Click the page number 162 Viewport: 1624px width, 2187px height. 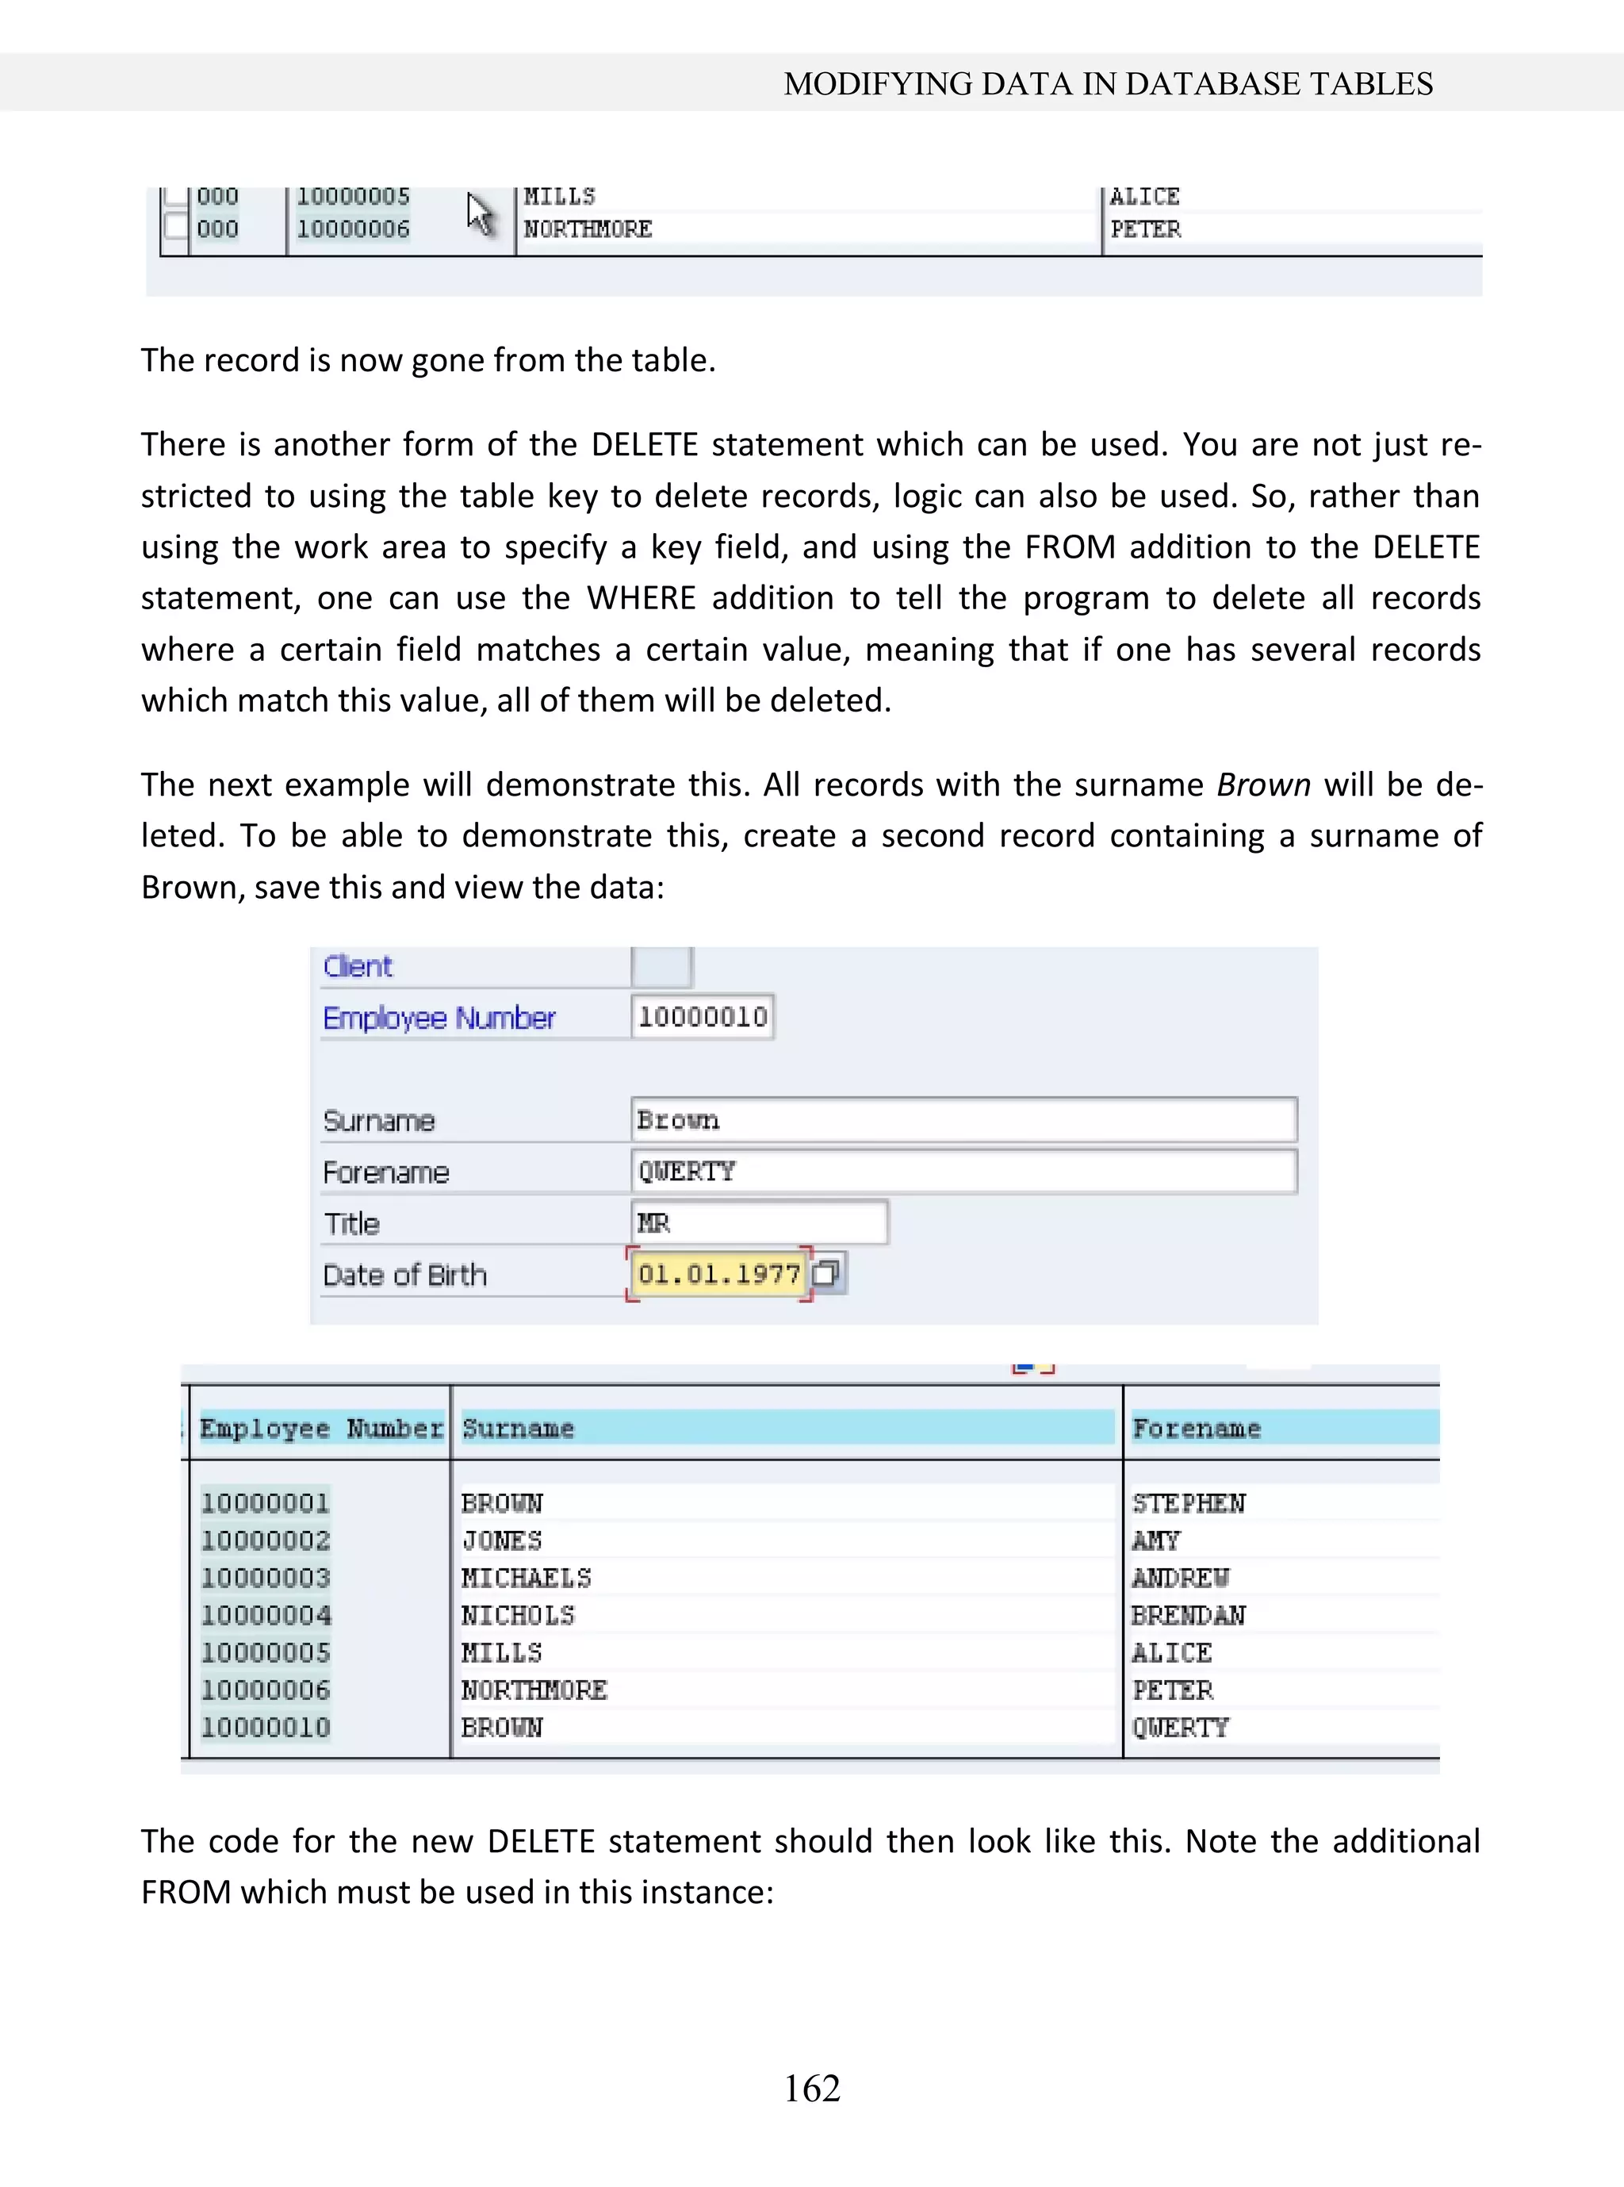(x=812, y=2088)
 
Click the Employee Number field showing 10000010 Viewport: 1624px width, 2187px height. (x=702, y=1017)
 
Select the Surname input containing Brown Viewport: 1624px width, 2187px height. (x=963, y=1120)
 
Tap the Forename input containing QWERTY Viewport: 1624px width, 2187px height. (x=963, y=1171)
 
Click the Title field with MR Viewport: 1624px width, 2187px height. (x=759, y=1222)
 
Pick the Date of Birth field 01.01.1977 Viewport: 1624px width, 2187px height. (x=718, y=1275)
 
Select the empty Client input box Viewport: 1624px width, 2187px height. (x=661, y=967)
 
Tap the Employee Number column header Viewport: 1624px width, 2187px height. (x=320, y=1428)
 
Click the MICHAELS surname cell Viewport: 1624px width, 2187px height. (x=526, y=1579)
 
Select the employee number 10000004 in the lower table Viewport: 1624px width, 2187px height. (x=266, y=1616)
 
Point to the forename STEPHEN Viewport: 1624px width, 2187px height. (x=1188, y=1503)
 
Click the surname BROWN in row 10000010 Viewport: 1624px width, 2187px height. (x=501, y=1728)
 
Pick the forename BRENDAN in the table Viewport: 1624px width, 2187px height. (x=1188, y=1616)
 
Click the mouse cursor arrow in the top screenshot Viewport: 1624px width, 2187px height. (x=479, y=213)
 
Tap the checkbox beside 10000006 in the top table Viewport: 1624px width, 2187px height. (x=175, y=228)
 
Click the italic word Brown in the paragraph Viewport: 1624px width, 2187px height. (x=1263, y=785)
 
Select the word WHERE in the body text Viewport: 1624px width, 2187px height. (x=641, y=598)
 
